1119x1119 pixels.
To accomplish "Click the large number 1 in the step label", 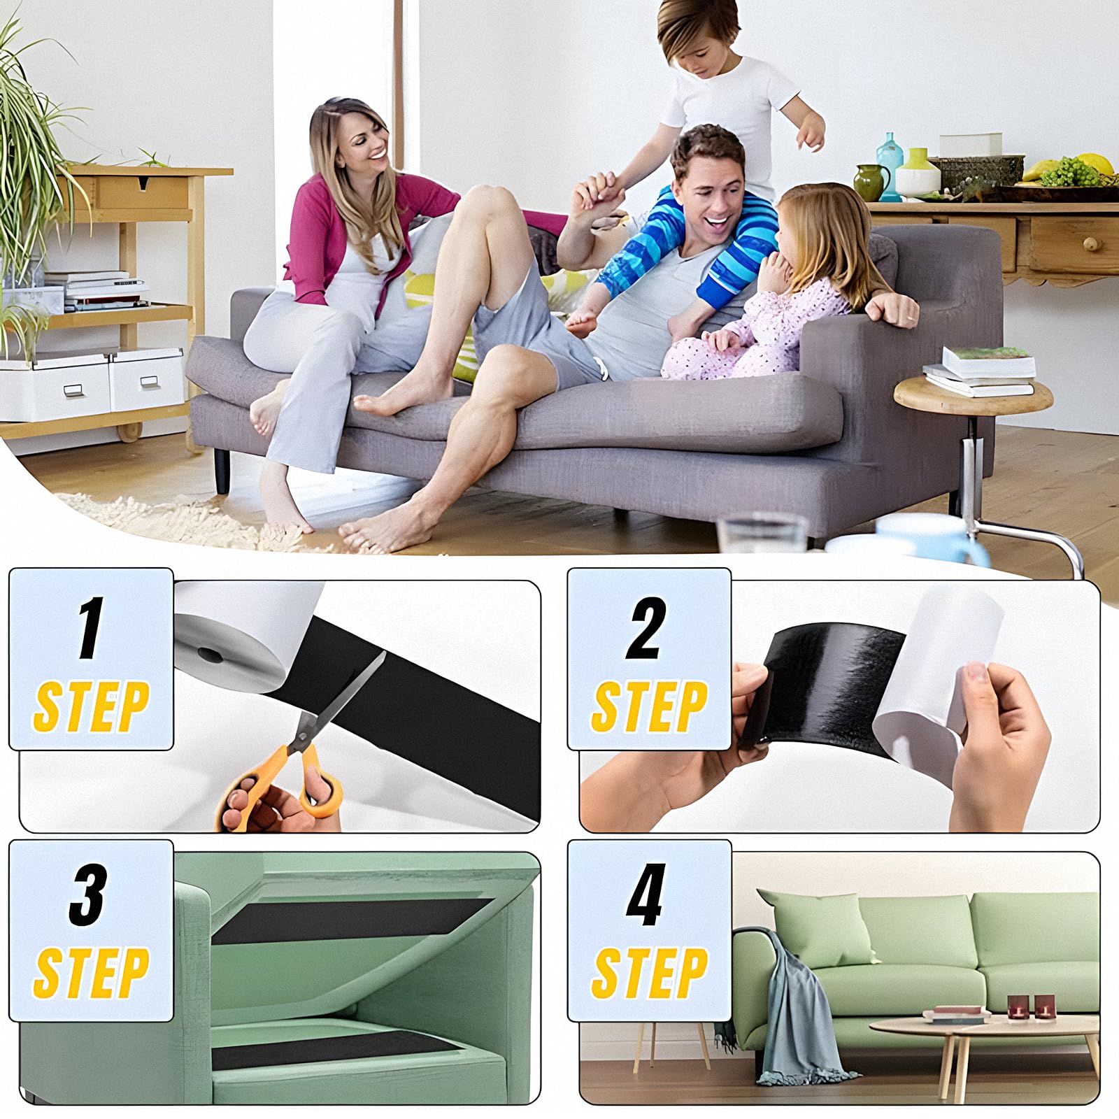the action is point(92,627).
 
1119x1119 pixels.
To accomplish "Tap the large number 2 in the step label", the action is point(644,627).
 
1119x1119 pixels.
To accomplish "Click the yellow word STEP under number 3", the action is point(91,972).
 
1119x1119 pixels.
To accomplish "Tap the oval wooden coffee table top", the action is point(983,1025).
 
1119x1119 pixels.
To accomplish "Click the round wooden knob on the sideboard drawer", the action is point(1090,244).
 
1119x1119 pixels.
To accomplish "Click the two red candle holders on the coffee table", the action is point(1032,1006).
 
